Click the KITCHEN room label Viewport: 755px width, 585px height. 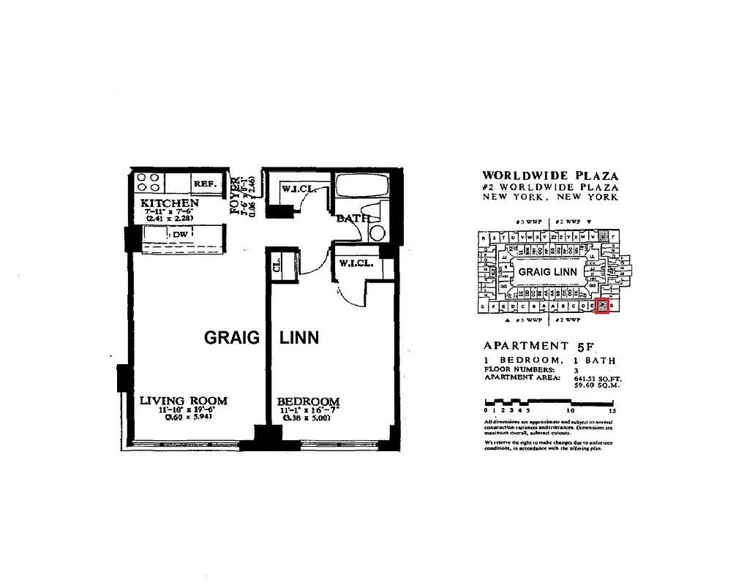tap(169, 203)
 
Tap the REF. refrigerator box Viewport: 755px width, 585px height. tap(206, 184)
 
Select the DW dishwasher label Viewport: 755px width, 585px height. tap(180, 235)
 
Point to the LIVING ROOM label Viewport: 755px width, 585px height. tap(184, 401)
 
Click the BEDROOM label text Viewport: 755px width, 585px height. tap(308, 401)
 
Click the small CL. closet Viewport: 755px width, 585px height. tap(278, 265)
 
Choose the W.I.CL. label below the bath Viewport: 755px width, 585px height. tap(357, 263)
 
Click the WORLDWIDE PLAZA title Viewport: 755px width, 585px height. tap(550, 175)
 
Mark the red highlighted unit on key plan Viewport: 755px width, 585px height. tap(602, 306)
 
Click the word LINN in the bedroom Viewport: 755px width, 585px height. tap(299, 338)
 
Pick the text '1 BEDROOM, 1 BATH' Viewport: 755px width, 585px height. tap(549, 361)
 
